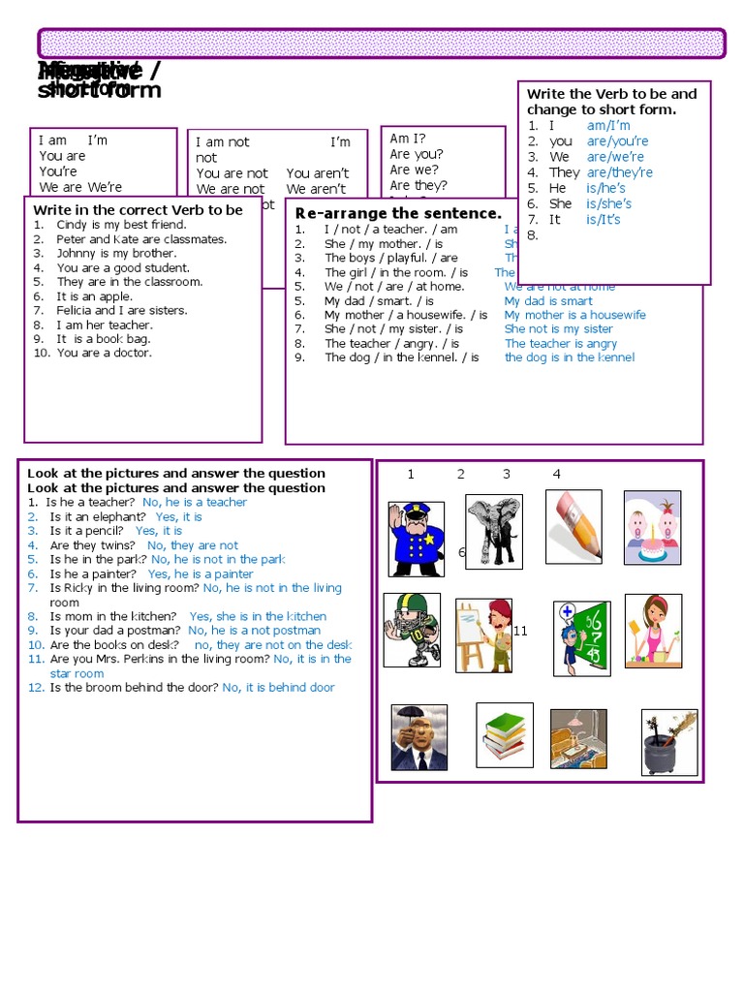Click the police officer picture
pyautogui.click(x=416, y=539)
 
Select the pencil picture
pyautogui.click(x=573, y=526)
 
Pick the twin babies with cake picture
pyautogui.click(x=652, y=527)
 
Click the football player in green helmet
pyautogui.click(x=412, y=630)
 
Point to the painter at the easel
pyautogui.click(x=483, y=635)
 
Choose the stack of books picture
pyautogui.click(x=505, y=734)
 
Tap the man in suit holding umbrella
pyautogui.click(x=418, y=737)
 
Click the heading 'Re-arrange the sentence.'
pyautogui.click(x=398, y=213)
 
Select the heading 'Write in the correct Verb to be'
pyautogui.click(x=138, y=209)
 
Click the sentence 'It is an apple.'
pyautogui.click(x=95, y=296)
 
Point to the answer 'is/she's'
pyautogui.click(x=608, y=203)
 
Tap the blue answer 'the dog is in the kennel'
pyautogui.click(x=570, y=357)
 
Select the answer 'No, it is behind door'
pyautogui.click(x=278, y=688)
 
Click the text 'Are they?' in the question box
pyautogui.click(x=418, y=185)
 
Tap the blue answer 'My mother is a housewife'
pyautogui.click(x=574, y=315)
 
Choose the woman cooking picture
pyautogui.click(x=652, y=631)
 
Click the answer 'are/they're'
pyautogui.click(x=620, y=172)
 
